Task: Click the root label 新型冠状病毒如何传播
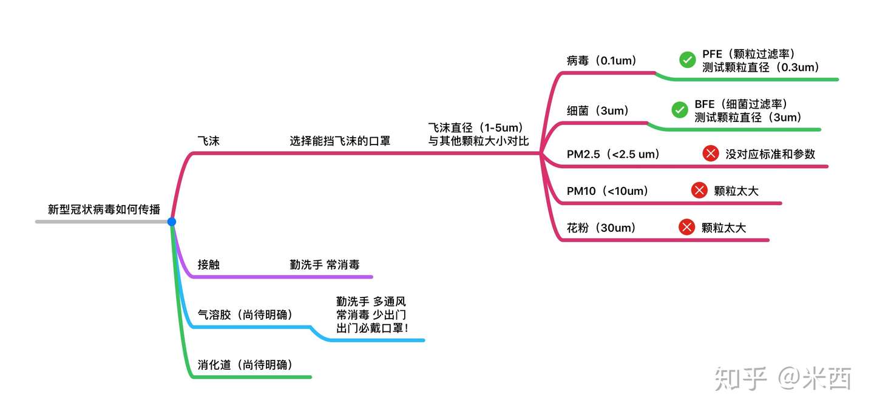pos(104,209)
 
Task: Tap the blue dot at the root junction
pos(172,222)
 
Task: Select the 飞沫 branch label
pos(208,141)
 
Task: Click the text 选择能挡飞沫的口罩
pos(340,141)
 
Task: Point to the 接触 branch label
pos(208,265)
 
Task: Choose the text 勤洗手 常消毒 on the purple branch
pos(325,265)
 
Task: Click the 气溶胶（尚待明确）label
pos(245,315)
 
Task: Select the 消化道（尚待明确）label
pos(245,365)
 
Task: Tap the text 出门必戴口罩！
pos(372,328)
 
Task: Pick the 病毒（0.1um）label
pos(600,61)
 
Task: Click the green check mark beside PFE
pos(688,59)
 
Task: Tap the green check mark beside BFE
pos(680,110)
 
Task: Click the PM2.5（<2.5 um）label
pos(613,154)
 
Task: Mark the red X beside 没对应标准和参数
pos(711,154)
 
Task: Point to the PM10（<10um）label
pos(608,191)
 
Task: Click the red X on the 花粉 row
pos(686,228)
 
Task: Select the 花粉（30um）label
pos(601,228)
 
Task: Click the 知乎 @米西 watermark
pos(783,378)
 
